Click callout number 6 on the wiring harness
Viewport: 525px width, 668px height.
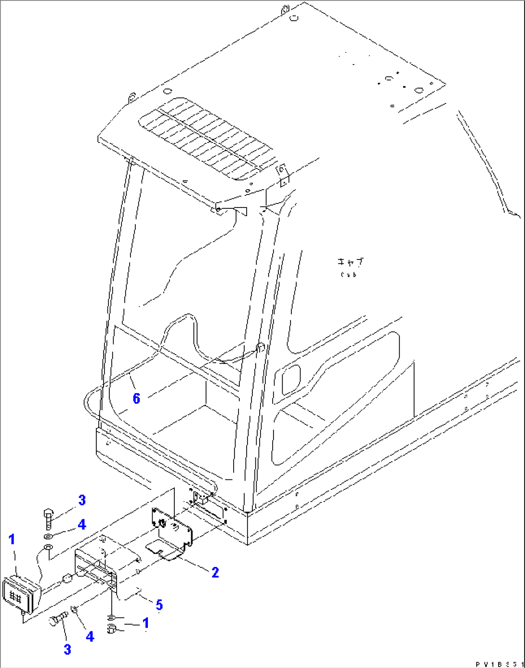[x=136, y=398]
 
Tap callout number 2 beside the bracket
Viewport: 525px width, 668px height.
[x=215, y=572]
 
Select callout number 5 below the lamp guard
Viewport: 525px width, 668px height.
[x=159, y=605]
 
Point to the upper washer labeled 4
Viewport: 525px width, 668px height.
[x=49, y=536]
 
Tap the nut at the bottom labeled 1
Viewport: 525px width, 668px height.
[x=111, y=628]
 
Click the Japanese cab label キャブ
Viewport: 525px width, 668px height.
[x=350, y=262]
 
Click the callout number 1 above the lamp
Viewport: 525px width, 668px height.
[x=12, y=540]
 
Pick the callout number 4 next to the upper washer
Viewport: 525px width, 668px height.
[x=82, y=524]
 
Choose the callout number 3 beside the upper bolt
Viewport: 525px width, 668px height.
[x=82, y=500]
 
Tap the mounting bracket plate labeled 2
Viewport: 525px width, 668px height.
[x=171, y=527]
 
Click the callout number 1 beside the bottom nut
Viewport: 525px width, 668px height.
[x=145, y=623]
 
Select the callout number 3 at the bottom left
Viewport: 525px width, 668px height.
[x=67, y=649]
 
